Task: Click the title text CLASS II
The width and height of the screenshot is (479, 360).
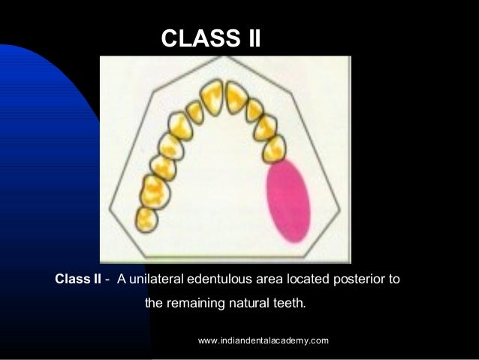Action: pos(211,38)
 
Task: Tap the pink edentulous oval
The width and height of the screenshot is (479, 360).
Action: pos(289,201)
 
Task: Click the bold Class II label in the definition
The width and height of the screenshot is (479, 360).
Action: pos(77,280)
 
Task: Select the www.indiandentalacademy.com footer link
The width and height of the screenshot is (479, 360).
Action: pos(264,341)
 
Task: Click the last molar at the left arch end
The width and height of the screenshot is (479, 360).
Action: pos(146,219)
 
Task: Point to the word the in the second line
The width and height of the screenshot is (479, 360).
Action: pos(154,304)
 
